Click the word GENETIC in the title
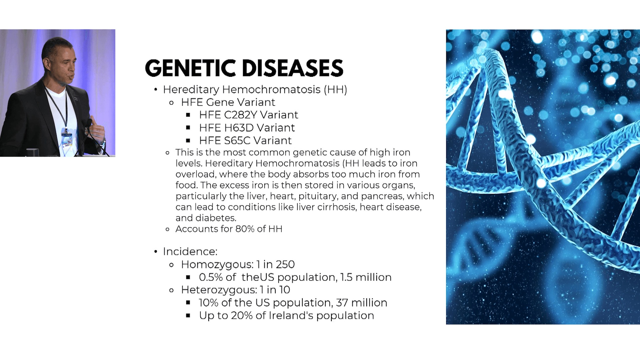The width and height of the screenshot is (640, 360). coord(191,68)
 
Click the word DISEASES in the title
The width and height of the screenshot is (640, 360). coord(293,68)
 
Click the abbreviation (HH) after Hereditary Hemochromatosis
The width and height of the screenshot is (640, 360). coord(335,90)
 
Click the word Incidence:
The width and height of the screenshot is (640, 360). coord(190,251)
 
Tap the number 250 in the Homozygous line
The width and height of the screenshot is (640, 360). coord(285,264)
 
